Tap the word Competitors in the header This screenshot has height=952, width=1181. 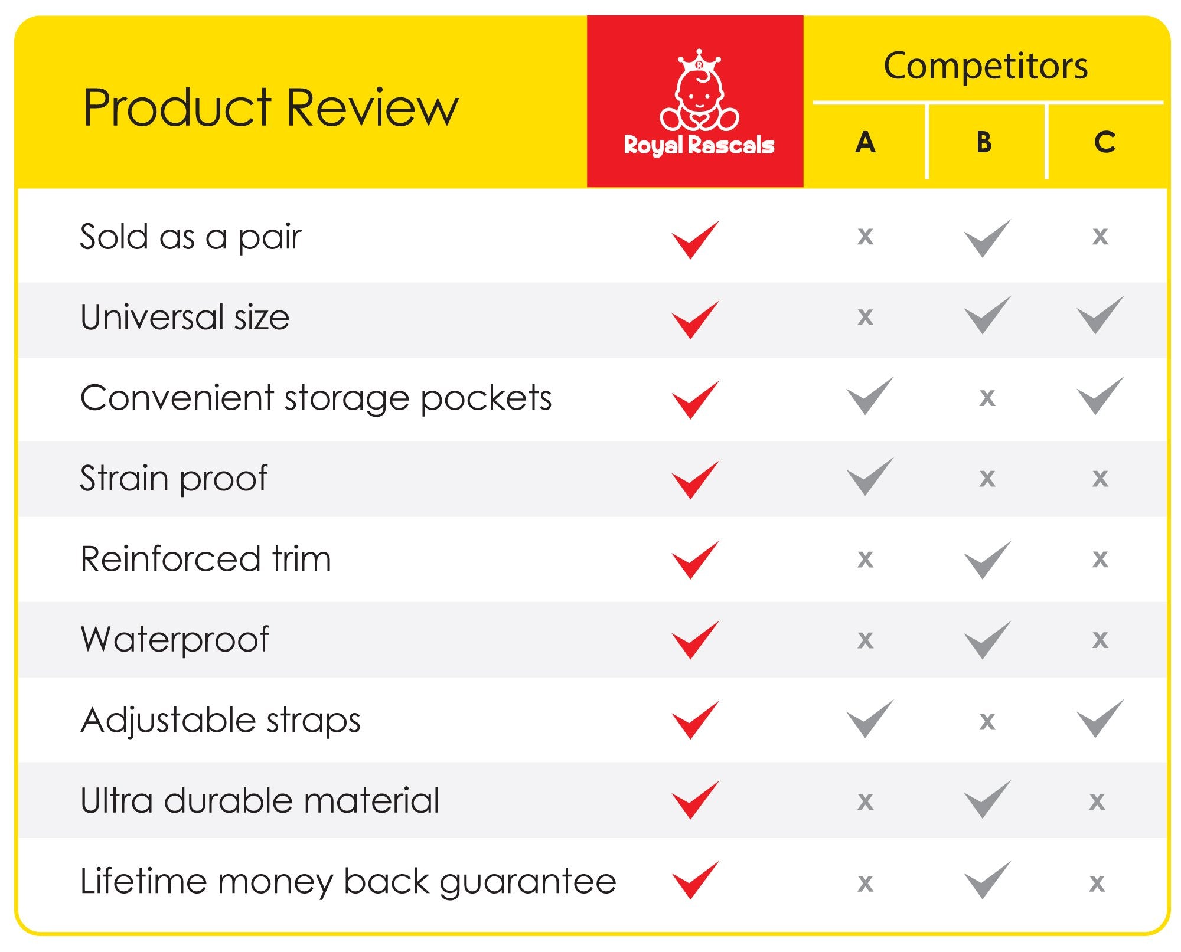(x=985, y=66)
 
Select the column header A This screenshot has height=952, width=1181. (x=865, y=142)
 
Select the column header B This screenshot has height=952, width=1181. (x=984, y=142)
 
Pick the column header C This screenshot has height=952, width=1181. (x=1105, y=142)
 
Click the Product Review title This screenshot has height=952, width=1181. (x=270, y=107)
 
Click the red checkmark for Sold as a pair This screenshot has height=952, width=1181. (x=696, y=239)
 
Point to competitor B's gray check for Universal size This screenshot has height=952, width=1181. (x=987, y=315)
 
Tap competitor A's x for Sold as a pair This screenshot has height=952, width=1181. (x=865, y=237)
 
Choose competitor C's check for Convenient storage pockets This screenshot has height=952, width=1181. (x=1100, y=395)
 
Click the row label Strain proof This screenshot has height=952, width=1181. (x=174, y=478)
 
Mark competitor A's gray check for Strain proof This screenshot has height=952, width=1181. (x=870, y=476)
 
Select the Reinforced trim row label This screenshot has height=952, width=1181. (x=205, y=558)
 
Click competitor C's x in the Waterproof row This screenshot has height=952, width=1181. (x=1100, y=640)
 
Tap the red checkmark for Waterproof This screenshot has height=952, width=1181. (x=696, y=640)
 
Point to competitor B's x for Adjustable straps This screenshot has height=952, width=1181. (x=987, y=721)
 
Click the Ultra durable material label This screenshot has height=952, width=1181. (x=260, y=801)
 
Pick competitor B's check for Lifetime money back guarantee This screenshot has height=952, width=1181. (x=987, y=880)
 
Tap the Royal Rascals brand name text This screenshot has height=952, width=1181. (x=699, y=145)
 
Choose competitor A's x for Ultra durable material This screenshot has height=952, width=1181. (x=865, y=801)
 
